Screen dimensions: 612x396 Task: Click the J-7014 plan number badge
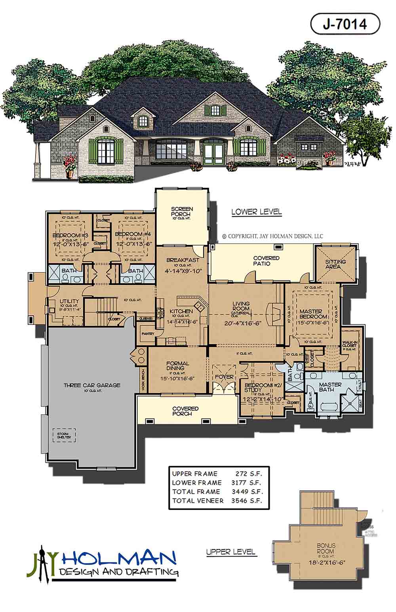(345, 24)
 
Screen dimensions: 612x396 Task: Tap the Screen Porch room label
(182, 212)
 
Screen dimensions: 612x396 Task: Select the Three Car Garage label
(92, 385)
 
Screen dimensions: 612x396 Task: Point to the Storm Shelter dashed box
(63, 435)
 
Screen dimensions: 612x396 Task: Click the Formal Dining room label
(178, 366)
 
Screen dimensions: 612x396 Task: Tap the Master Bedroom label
(313, 314)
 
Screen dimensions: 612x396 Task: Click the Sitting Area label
(335, 264)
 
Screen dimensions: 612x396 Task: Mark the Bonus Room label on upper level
(326, 548)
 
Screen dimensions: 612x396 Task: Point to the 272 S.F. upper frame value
(249, 473)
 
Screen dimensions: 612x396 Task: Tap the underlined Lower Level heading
(257, 212)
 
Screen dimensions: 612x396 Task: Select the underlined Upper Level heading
(231, 552)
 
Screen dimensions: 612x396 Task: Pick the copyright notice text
(273, 236)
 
